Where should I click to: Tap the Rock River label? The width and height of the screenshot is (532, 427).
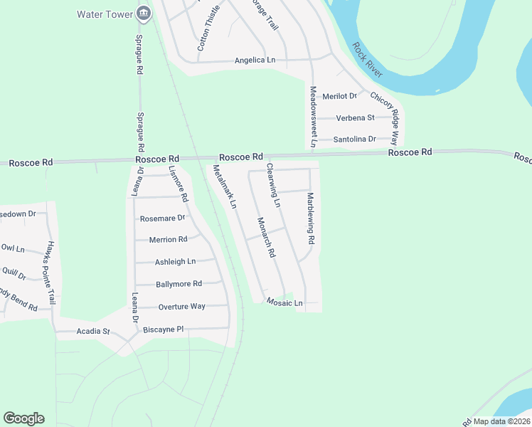click(366, 60)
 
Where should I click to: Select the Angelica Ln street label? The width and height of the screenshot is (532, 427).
click(255, 60)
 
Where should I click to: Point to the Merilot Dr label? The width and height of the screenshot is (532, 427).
click(339, 96)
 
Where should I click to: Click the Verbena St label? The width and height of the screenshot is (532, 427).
click(356, 117)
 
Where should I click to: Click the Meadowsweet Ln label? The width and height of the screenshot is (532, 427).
click(313, 117)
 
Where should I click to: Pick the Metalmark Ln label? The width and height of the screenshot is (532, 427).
click(224, 186)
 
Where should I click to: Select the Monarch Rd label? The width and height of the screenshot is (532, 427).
click(266, 238)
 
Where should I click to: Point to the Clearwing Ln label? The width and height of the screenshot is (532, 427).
click(273, 186)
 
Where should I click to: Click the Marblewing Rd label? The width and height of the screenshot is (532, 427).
click(310, 218)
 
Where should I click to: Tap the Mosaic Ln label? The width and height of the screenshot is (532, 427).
click(284, 303)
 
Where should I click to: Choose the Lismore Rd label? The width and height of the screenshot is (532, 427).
click(179, 184)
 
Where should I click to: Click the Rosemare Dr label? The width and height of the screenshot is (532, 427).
click(162, 218)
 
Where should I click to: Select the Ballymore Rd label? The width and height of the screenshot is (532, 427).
click(179, 284)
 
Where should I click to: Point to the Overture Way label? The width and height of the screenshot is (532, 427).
click(181, 306)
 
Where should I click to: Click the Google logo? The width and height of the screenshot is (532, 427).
click(23, 418)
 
